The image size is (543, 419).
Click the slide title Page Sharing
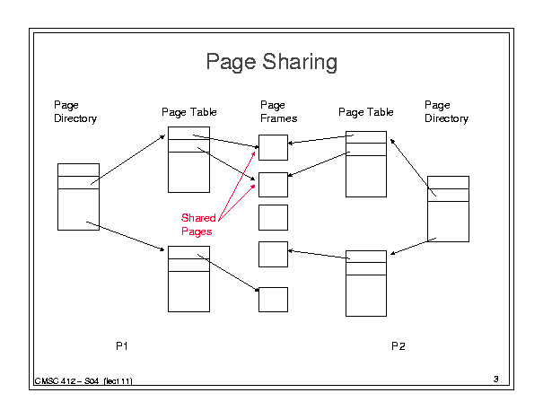pos(271,62)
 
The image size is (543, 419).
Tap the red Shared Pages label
pos(198,224)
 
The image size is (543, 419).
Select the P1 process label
pos(122,345)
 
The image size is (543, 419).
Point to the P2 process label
pos(398,346)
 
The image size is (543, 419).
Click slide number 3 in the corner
pos(496,379)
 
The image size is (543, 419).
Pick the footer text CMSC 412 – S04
pos(66,381)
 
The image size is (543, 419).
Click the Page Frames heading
pos(279,111)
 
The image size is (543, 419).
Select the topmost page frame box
pos(273,147)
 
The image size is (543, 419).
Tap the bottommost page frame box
pos(273,300)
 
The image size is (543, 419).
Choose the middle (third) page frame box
pos(273,217)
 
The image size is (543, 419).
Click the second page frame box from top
pos(273,185)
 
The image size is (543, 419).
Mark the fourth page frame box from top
pos(273,254)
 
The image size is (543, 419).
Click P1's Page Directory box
pos(78,196)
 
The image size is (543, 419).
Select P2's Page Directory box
pos(448,209)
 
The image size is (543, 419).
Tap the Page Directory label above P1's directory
pos(75,111)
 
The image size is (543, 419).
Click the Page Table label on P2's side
pos(365,112)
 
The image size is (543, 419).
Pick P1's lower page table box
pos(188,279)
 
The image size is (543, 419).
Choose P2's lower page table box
pos(366,284)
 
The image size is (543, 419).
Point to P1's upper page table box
pos(188,160)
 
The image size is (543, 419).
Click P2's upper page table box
pos(366,164)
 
